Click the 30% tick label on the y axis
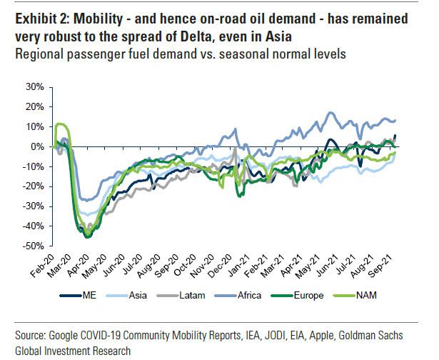[x=33, y=87]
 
